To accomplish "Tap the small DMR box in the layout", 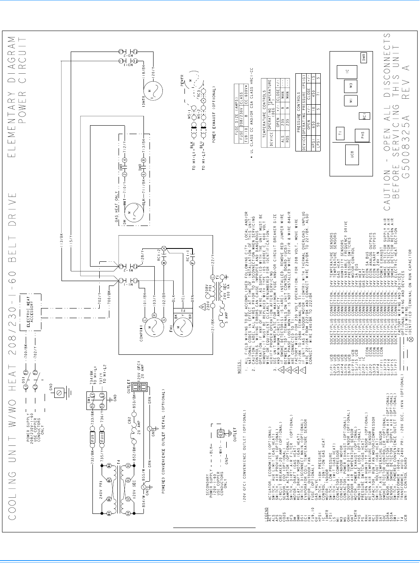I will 363,56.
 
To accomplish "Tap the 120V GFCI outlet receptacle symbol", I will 139,386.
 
